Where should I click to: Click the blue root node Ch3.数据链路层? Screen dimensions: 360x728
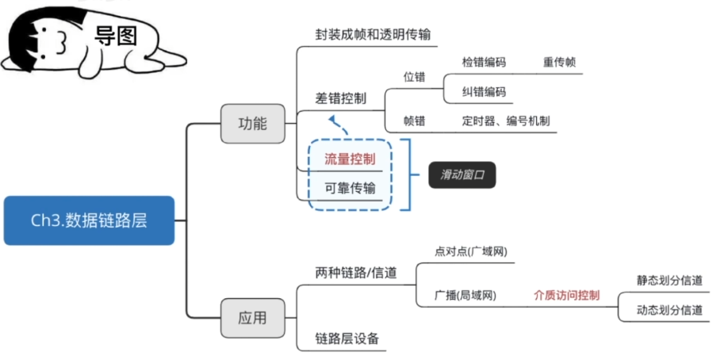tap(89, 220)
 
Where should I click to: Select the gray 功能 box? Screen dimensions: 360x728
tap(252, 124)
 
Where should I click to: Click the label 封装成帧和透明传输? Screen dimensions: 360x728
tap(373, 35)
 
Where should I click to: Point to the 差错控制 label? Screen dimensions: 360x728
tap(341, 98)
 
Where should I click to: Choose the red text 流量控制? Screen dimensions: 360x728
tap(349, 159)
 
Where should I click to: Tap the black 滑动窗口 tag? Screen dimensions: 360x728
tap(462, 175)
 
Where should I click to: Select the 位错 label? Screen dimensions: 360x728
tap(414, 77)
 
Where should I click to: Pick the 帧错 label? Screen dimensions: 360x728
tap(414, 121)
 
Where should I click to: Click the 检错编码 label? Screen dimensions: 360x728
tap(484, 61)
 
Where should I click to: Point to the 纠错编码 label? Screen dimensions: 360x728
tap(484, 91)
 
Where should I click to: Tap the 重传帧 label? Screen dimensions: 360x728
tap(559, 61)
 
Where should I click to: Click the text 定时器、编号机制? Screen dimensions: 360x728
tap(506, 121)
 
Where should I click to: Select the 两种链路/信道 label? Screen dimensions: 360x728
tap(356, 273)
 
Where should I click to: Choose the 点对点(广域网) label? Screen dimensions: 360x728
tap(470, 251)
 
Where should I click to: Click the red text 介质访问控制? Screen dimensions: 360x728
tap(566, 295)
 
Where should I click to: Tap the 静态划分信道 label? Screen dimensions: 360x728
tap(669, 280)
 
